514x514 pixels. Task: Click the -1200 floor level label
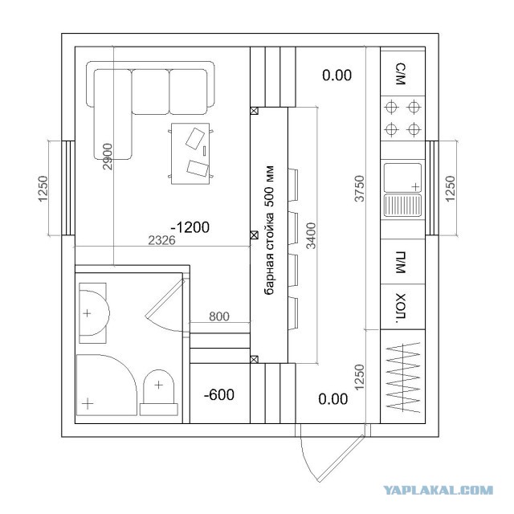(x=190, y=227)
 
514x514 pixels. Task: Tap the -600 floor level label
(x=219, y=394)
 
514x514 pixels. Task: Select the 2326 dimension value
(x=161, y=240)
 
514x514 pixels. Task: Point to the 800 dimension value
(x=219, y=316)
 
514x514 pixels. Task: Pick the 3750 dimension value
(x=360, y=189)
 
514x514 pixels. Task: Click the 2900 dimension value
(x=107, y=157)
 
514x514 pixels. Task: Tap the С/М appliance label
(x=401, y=75)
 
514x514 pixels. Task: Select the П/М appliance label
(x=401, y=263)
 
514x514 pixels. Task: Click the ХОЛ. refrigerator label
(x=401, y=307)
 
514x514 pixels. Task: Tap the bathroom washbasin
(x=93, y=313)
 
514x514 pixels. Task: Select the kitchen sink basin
(x=403, y=177)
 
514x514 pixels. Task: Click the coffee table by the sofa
(x=190, y=153)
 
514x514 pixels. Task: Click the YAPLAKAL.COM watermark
(x=439, y=491)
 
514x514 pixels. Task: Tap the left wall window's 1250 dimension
(x=43, y=189)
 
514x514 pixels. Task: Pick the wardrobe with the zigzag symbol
(x=403, y=377)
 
